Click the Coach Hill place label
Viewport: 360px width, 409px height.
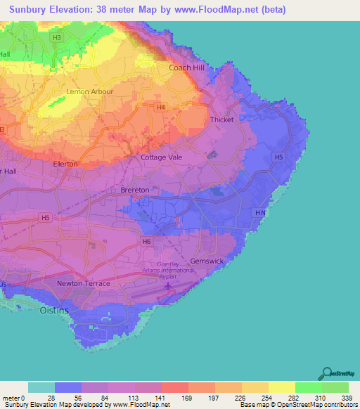186,68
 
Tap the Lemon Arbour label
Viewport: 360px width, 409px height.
89,92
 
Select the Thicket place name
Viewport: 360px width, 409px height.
222,120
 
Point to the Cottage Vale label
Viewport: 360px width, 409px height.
162,157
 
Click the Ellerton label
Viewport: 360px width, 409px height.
65,164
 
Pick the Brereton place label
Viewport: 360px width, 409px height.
134,190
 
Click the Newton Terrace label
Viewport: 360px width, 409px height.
84,283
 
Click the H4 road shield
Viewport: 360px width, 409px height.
161,108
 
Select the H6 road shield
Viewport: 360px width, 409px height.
146,241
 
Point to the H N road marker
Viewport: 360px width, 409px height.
260,212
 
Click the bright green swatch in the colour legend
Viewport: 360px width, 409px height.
308,387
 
